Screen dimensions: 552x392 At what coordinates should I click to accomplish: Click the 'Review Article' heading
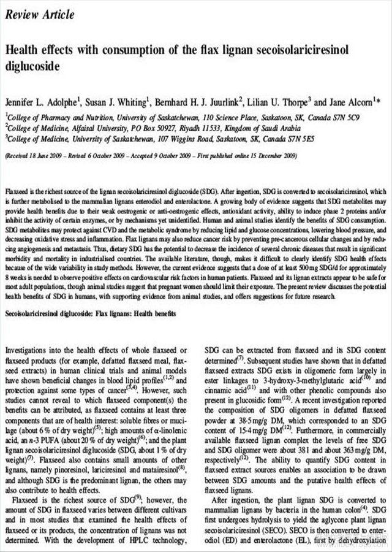(x=40, y=14)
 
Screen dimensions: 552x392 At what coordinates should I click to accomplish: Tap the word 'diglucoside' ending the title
(x=36, y=65)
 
